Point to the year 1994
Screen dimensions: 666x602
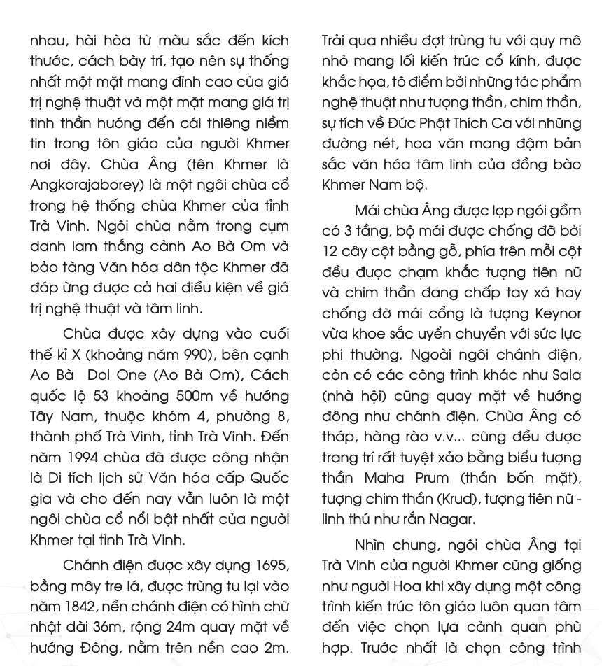[x=85, y=458]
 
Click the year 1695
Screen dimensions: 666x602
[x=272, y=565]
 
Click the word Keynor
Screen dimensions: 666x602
[x=556, y=313]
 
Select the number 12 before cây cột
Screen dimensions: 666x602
[x=331, y=251]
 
